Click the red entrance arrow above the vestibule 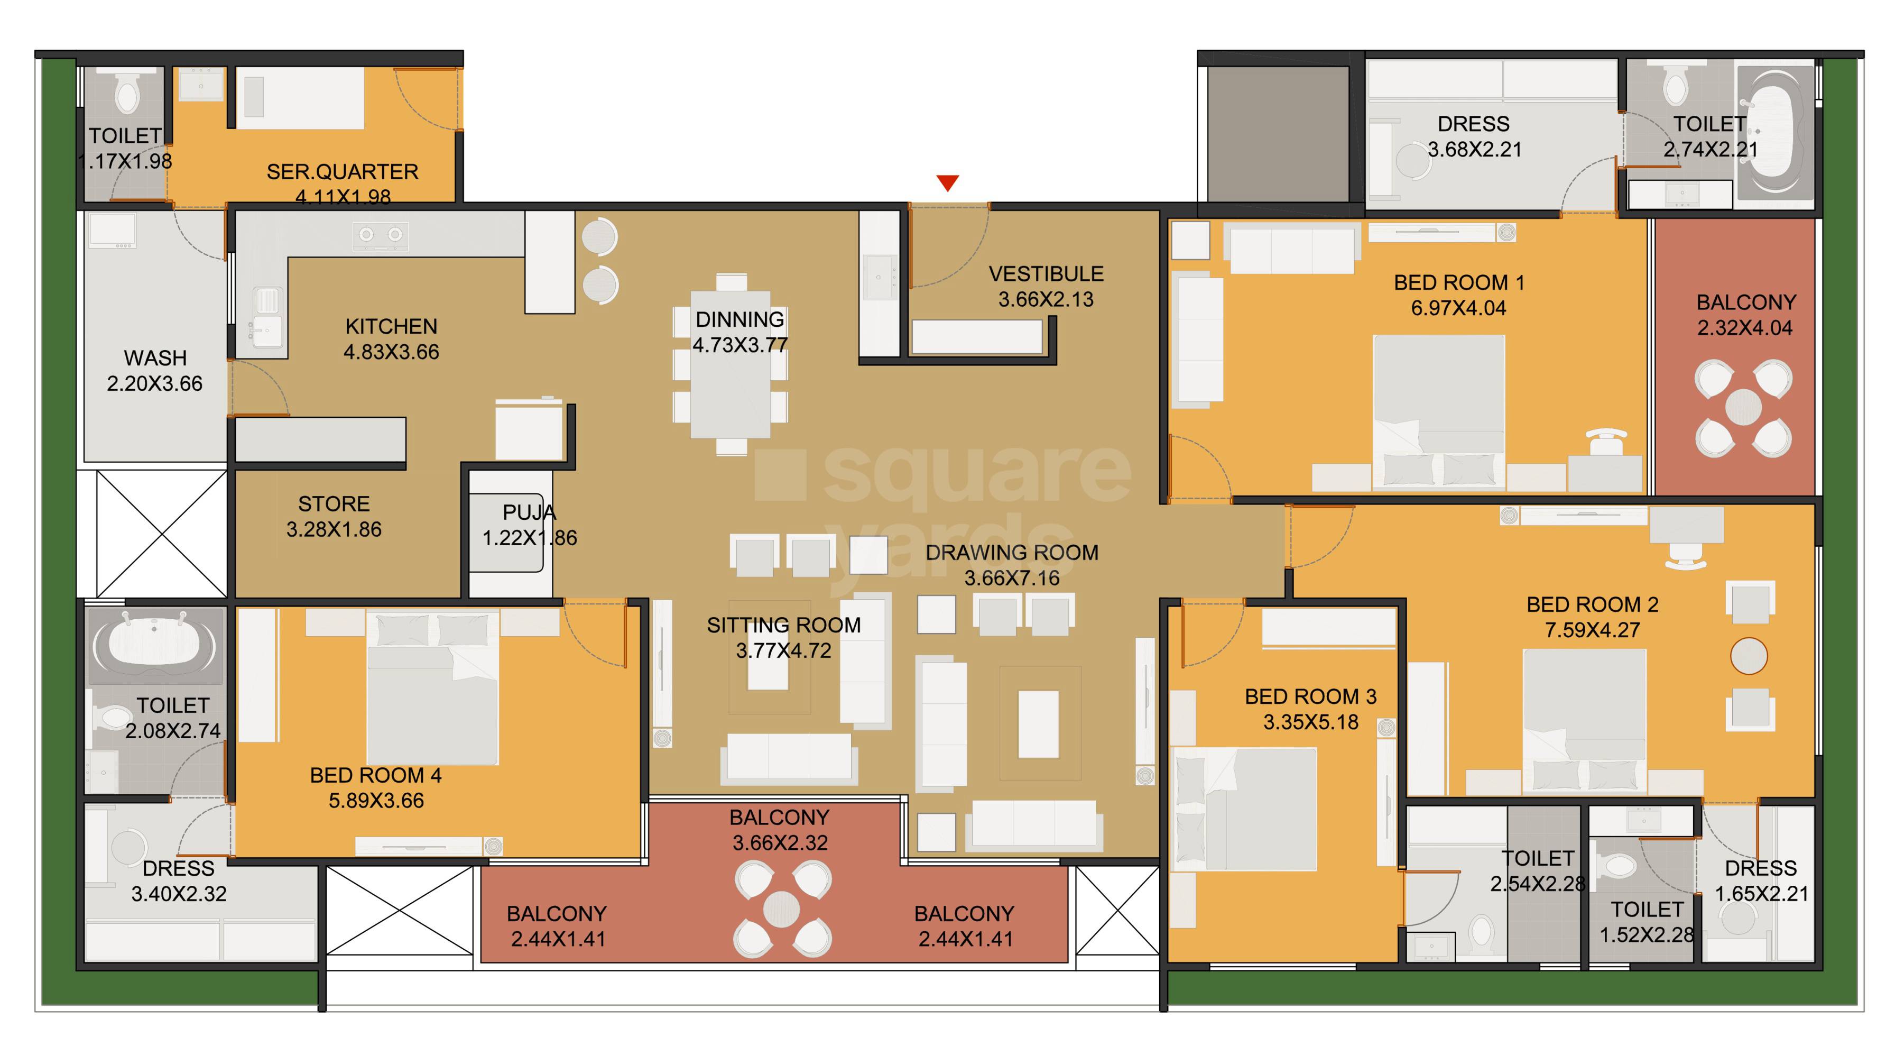point(947,182)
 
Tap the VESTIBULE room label point(1046,274)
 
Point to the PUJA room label point(529,512)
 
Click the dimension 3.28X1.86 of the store point(334,529)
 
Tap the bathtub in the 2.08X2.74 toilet point(154,643)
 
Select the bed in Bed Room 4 point(432,689)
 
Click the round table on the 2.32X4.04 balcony point(1743,406)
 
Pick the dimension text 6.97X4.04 point(1458,308)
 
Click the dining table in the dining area point(730,364)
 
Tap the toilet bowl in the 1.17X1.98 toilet point(127,96)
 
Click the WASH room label point(155,358)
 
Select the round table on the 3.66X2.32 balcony point(781,909)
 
